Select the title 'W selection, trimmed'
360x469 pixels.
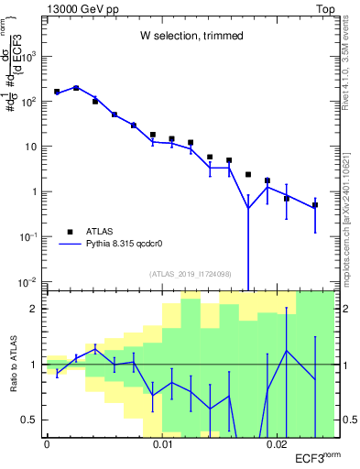click(191, 36)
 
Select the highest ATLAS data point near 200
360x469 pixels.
click(76, 88)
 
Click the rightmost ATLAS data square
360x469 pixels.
click(314, 205)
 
